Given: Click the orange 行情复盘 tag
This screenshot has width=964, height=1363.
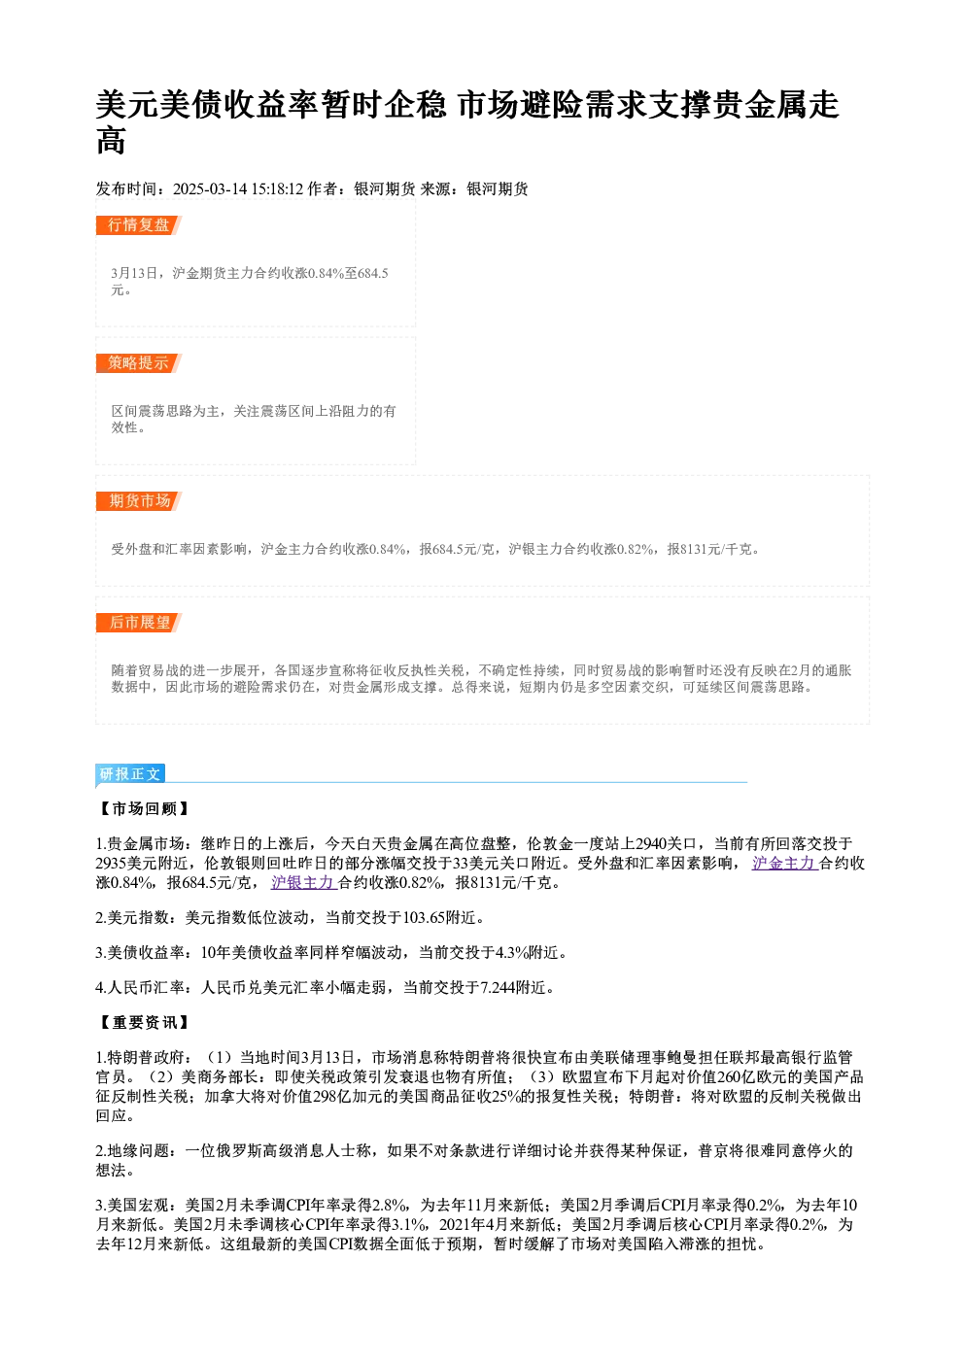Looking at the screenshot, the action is (x=139, y=225).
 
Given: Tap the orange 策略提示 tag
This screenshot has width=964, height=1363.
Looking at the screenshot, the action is (x=139, y=363).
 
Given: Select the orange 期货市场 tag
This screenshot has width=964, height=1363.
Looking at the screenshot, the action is (x=139, y=501).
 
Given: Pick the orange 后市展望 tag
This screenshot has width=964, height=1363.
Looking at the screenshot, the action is (x=139, y=623).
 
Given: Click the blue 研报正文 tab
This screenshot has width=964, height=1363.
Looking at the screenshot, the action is (x=130, y=773).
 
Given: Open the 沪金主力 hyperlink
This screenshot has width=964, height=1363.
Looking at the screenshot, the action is (x=784, y=863).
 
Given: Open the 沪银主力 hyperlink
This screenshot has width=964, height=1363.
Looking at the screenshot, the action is (x=304, y=882).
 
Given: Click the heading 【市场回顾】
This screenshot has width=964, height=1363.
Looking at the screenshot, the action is (x=144, y=808).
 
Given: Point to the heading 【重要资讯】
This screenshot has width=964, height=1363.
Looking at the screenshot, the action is (x=144, y=1022).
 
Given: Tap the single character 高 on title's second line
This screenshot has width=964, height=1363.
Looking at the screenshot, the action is (x=111, y=141).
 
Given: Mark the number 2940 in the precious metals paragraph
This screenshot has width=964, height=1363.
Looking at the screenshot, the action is (x=651, y=844).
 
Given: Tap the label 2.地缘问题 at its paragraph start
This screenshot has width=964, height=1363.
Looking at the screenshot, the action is (x=132, y=1150).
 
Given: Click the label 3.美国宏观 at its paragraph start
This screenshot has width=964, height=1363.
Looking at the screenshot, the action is (x=132, y=1205).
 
